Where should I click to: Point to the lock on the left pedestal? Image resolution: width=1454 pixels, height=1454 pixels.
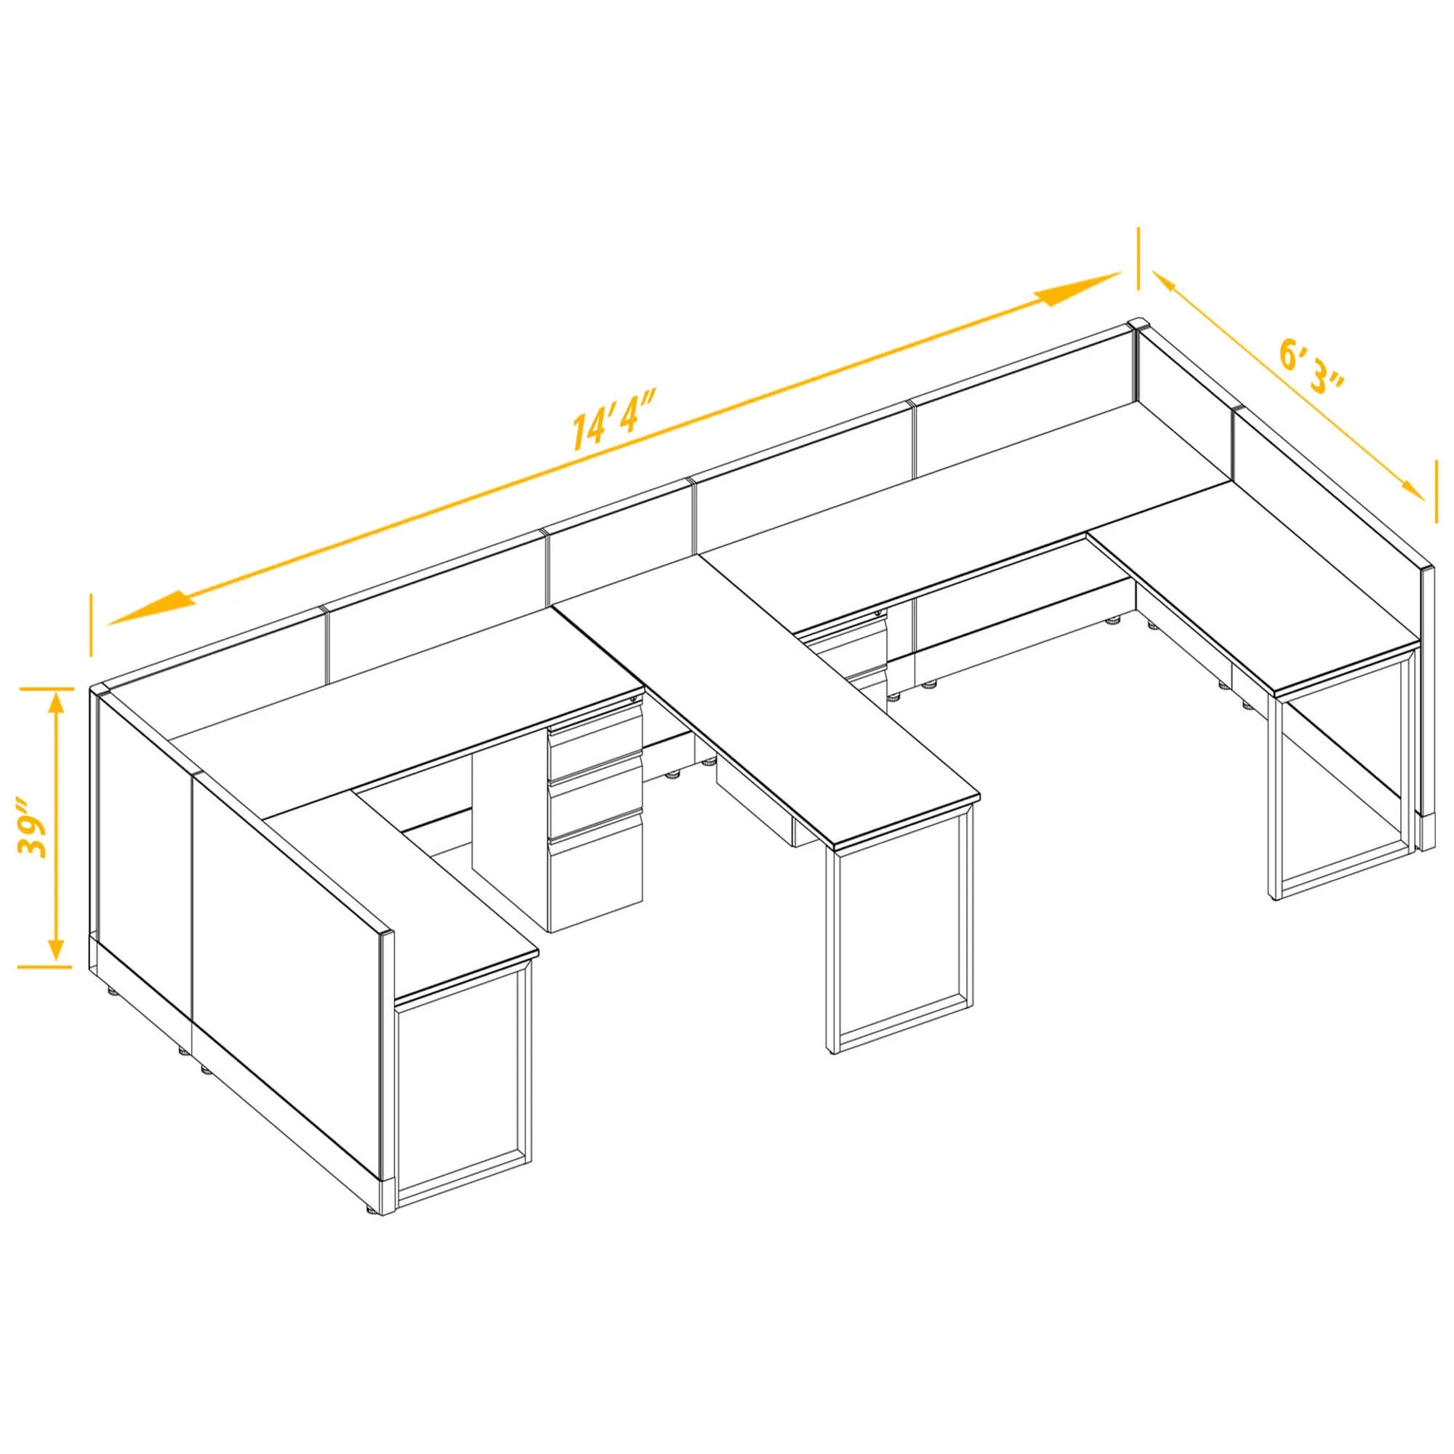(x=632, y=701)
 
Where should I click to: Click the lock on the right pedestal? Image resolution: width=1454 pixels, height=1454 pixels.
(x=877, y=614)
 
